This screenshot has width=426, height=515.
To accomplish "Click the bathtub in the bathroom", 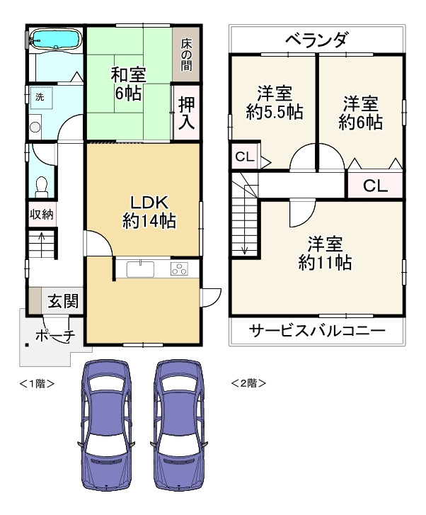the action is pos(54,40).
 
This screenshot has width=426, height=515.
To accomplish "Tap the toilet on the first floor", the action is pos(41,187).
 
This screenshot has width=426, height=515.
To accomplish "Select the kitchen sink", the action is pos(141,269).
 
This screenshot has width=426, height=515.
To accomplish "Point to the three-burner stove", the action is pos(179,269).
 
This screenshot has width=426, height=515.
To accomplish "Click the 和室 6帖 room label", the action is pos(128,84).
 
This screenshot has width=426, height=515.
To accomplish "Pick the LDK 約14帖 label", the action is pos(149,212).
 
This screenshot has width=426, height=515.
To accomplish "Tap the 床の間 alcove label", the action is pos(186,55).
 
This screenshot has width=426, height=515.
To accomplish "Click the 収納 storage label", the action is pos(42,215).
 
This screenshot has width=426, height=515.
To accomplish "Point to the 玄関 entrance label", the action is pos(63,301).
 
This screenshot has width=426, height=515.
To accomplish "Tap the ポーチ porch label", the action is pos(55,336).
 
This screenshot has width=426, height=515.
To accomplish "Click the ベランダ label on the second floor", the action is pos(316,40).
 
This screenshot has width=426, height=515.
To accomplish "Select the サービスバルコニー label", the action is pos(317,330).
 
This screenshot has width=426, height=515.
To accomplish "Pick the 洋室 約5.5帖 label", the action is pos(275,103).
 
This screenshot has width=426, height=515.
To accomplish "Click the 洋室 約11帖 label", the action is pos(325,253).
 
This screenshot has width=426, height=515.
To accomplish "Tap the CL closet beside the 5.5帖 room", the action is pos(245,157).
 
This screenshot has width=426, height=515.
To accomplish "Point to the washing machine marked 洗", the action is pos(41,98).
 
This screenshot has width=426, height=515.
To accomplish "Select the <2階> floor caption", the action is pos(248,383).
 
